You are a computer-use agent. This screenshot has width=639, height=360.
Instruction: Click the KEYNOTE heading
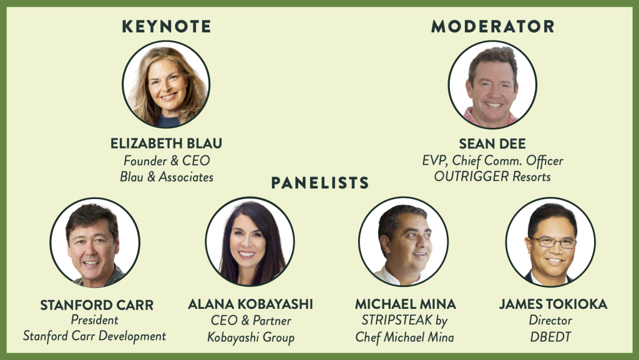coord(166,26)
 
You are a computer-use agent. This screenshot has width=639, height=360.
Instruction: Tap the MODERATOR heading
coord(493,26)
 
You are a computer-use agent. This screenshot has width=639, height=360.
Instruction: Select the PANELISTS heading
coord(320,183)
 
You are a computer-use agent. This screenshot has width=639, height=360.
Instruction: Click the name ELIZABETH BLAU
coord(166,144)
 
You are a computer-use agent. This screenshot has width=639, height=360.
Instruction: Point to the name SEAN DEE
coord(492,144)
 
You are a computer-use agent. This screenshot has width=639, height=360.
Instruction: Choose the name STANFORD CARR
coord(97,305)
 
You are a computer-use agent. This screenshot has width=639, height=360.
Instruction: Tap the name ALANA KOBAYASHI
coord(250,304)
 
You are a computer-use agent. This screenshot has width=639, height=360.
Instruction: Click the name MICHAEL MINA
coord(406,304)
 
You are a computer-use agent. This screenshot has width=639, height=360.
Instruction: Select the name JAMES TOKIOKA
coord(553,304)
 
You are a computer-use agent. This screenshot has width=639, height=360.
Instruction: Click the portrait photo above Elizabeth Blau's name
coord(166,84)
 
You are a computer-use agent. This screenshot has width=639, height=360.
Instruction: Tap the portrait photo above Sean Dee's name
coord(492,84)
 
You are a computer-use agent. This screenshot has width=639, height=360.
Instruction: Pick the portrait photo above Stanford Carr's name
coord(95,242)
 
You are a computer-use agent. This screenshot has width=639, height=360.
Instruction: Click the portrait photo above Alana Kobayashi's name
coord(250,241)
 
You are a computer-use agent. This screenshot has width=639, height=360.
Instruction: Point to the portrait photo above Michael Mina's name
coord(404,241)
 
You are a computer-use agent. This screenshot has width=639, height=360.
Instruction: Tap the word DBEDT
coord(550,337)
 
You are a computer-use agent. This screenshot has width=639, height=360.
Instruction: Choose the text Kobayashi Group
coord(251,338)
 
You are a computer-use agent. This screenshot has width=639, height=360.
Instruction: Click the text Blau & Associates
coord(167,177)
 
